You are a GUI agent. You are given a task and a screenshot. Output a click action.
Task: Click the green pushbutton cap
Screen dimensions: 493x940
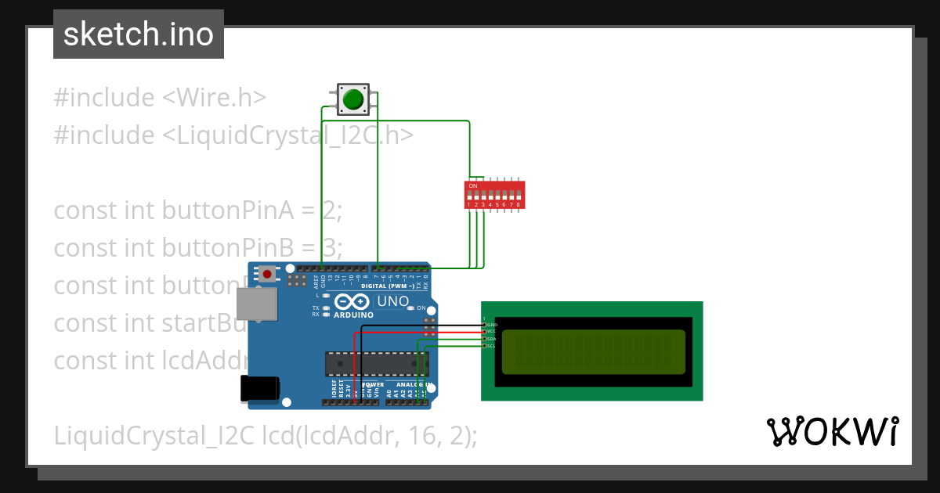point(352,99)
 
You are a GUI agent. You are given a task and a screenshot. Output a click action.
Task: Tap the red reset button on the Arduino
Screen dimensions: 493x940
point(268,274)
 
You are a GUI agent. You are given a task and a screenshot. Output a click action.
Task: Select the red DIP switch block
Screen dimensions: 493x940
point(495,195)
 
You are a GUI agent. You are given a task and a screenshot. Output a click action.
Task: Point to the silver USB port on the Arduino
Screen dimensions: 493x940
point(257,303)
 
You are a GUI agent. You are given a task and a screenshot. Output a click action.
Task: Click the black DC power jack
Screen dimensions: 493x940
point(260,388)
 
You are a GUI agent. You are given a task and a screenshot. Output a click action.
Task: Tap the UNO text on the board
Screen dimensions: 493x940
point(392,301)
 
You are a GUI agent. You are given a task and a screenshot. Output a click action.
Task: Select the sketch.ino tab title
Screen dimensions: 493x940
point(139,34)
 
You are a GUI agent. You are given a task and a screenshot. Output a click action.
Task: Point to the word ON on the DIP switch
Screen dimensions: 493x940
point(473,185)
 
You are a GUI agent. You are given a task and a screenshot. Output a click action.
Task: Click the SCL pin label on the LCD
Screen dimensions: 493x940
point(491,345)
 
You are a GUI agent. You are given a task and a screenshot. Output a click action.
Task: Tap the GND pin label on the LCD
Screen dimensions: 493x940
point(491,324)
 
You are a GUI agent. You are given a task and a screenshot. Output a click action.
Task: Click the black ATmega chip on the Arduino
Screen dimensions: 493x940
point(377,364)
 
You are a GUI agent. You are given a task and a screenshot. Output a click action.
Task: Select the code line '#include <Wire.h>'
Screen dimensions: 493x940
point(160,98)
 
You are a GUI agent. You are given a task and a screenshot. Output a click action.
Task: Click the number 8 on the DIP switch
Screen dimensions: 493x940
point(518,204)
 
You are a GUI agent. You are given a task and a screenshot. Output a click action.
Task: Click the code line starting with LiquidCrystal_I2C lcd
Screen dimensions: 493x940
point(265,435)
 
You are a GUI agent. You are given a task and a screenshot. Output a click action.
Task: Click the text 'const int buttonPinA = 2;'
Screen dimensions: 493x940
point(198,211)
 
